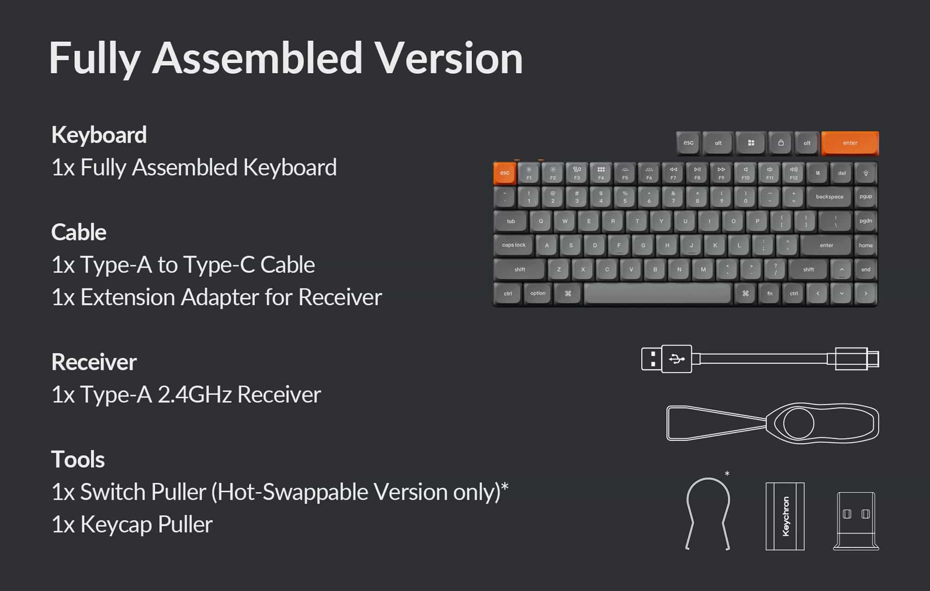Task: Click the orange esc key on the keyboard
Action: [505, 173]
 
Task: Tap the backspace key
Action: [830, 197]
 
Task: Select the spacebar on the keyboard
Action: [657, 293]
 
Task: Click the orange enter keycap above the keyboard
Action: [850, 143]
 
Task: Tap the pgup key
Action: [866, 197]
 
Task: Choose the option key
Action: [538, 293]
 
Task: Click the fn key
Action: [770, 293]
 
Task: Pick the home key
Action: [866, 245]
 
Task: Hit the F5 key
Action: [625, 173]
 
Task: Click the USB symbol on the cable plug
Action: [677, 359]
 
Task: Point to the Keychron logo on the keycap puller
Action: [786, 516]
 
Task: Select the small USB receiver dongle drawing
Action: [856, 521]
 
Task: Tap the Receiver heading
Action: [94, 362]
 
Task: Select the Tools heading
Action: [78, 459]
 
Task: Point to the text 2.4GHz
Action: [195, 394]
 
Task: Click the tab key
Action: [511, 221]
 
